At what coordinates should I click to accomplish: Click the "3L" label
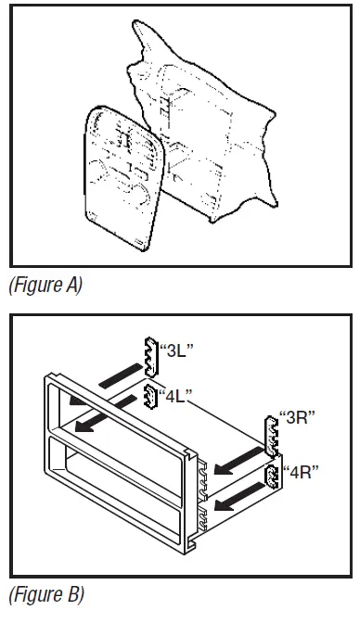pos(177,350)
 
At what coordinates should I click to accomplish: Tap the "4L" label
pos(176,396)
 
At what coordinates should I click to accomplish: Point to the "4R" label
pos(302,471)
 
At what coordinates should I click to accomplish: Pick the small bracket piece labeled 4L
pos(148,396)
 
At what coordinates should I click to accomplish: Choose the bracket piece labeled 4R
pos(272,477)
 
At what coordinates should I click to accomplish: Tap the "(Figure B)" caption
pos(45,593)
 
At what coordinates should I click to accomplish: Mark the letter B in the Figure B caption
pos(75,593)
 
